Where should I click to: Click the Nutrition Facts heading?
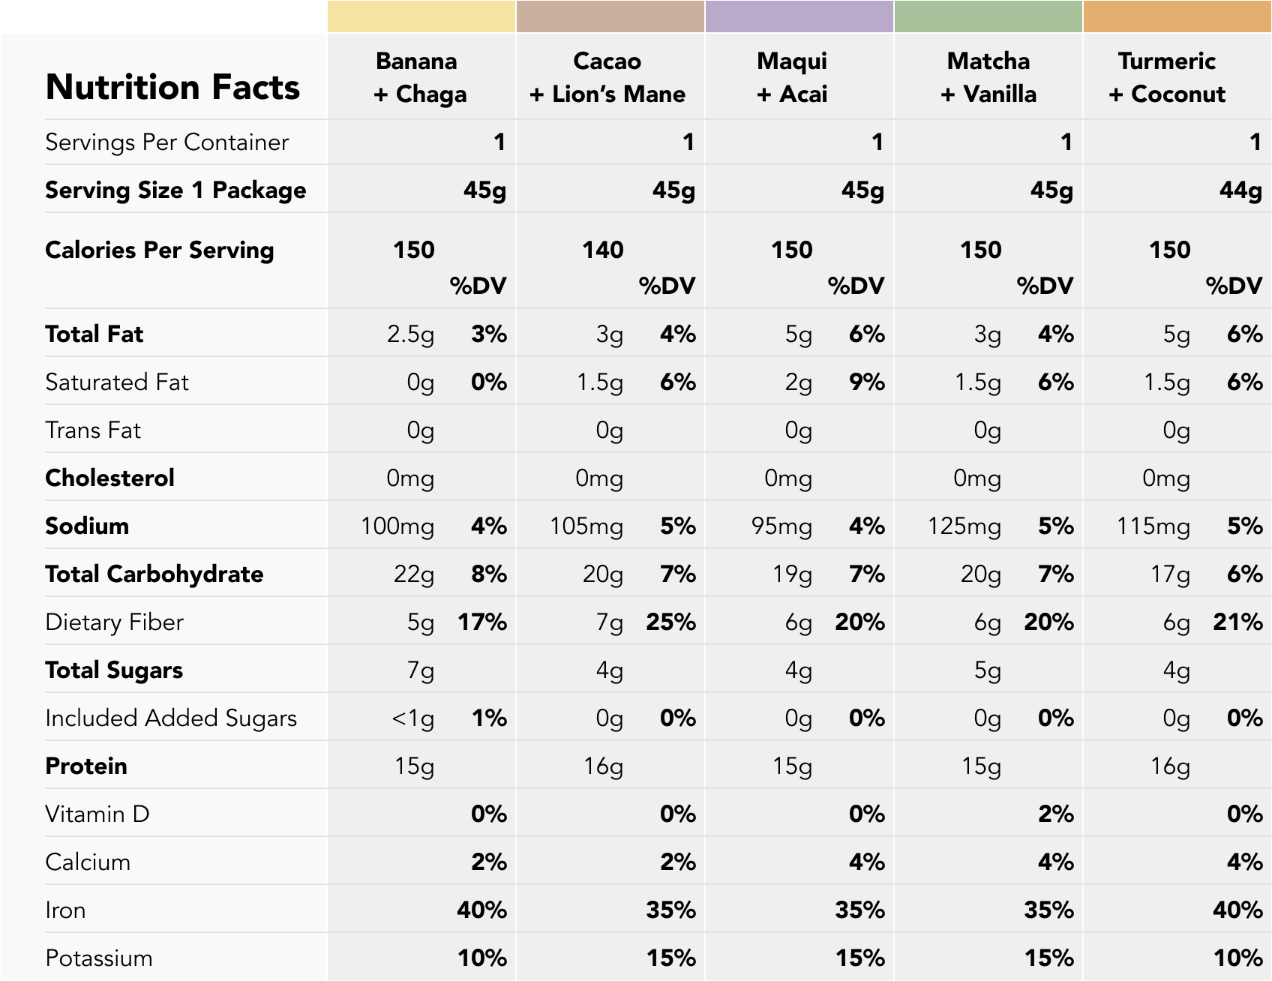(172, 87)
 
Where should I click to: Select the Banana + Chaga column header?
(420, 77)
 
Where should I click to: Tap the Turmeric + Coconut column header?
(1167, 77)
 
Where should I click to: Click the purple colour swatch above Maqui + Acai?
(799, 16)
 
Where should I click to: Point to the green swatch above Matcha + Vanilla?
(988, 16)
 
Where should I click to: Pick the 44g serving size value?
(1240, 190)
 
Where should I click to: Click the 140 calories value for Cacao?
(603, 250)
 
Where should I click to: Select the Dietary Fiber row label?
(114, 622)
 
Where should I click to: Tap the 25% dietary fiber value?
(670, 622)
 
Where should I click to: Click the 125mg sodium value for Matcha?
(964, 526)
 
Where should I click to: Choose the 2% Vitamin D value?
(1055, 814)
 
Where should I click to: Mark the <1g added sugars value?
(412, 718)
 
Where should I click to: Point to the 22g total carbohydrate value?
(413, 574)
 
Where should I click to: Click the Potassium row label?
(98, 958)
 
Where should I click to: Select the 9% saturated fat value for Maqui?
(866, 382)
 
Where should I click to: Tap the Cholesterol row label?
(109, 478)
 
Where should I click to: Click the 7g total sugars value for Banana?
(420, 670)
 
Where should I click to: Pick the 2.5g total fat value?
(410, 334)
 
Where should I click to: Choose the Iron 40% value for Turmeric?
(1237, 910)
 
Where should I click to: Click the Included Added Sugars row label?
(171, 718)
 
